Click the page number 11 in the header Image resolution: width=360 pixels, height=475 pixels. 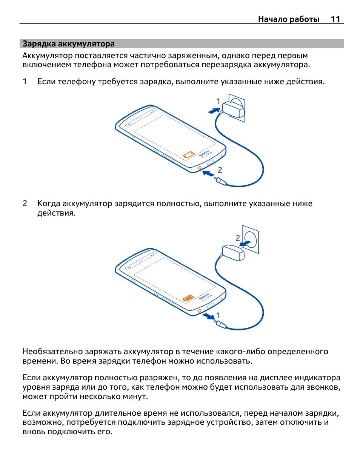335,19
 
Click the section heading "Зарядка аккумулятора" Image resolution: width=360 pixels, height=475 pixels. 68,44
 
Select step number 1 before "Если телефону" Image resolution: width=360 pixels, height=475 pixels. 25,82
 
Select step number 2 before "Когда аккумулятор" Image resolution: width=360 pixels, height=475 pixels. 25,204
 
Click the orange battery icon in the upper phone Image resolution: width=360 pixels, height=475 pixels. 189,154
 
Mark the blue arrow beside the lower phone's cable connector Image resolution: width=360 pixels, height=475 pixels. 208,316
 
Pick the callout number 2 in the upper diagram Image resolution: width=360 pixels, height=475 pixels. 220,170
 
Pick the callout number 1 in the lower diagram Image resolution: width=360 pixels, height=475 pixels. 218,315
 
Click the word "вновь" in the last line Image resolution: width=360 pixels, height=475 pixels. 34,432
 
